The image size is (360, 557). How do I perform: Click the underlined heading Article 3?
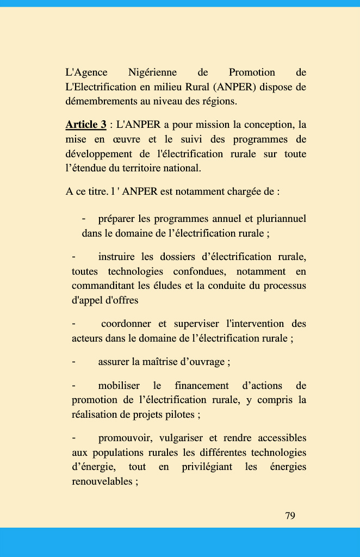coord(85,125)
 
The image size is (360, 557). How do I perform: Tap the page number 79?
coord(290,515)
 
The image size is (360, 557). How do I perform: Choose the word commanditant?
coord(103,286)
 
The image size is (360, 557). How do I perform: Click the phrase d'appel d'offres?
coord(105,300)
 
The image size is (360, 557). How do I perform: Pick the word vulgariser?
coord(182,438)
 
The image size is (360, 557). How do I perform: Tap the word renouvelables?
coord(102,481)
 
